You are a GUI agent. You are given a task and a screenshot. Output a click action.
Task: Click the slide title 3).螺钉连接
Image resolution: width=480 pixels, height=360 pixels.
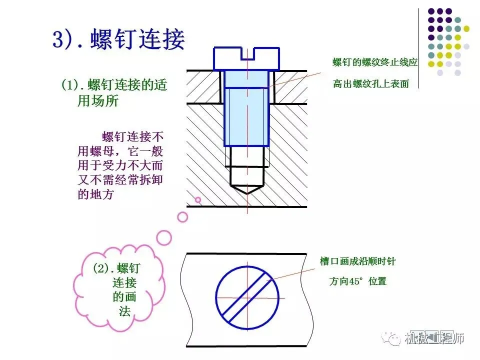[119, 39]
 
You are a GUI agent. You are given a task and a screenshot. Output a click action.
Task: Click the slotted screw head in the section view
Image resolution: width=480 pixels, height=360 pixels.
[246, 58]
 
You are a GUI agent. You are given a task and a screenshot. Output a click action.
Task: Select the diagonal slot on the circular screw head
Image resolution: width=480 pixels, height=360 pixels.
[248, 297]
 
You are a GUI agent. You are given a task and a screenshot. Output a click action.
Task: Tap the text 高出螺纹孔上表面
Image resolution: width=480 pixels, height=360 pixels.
[371, 84]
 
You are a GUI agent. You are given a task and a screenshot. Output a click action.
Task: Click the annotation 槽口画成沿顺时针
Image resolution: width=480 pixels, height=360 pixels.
[357, 261]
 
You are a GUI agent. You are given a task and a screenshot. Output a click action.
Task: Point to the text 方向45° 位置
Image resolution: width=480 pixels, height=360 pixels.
[357, 281]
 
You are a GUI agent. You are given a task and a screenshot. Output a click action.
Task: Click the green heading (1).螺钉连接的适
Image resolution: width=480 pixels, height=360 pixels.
[114, 84]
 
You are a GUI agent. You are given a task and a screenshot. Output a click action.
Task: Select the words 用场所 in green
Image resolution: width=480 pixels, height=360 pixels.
[98, 101]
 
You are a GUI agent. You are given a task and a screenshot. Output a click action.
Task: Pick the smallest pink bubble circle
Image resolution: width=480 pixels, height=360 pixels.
[198, 199]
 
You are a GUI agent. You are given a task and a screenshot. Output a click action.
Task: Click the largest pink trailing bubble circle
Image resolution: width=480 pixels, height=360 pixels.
[163, 237]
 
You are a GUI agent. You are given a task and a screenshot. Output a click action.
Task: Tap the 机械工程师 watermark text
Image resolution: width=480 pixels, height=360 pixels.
[434, 338]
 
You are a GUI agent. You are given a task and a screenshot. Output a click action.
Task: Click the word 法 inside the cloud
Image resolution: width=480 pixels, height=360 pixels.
[124, 311]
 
